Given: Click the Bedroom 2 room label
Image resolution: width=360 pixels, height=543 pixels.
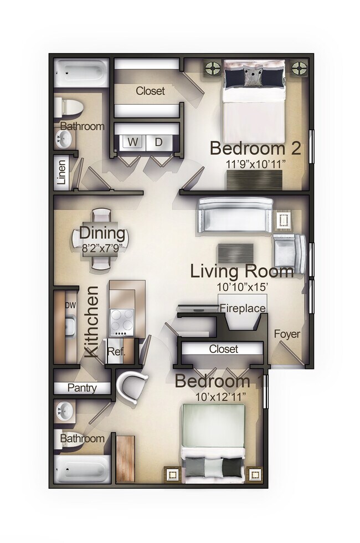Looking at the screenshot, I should pyautogui.click(x=255, y=148).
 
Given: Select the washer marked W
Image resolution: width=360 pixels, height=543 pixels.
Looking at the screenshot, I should pyautogui.click(x=133, y=142).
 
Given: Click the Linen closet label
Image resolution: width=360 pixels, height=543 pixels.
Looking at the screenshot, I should pyautogui.click(x=62, y=172).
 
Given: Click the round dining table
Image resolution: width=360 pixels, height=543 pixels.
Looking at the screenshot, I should pyautogui.click(x=101, y=239).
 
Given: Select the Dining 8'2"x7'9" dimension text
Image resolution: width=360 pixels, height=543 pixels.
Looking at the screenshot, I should pyautogui.click(x=102, y=248).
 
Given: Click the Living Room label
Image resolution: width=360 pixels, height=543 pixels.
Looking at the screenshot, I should pyautogui.click(x=242, y=271).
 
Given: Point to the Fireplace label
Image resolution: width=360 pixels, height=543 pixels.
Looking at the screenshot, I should pyautogui.click(x=243, y=308).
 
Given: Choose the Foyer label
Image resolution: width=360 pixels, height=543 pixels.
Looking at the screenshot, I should pyautogui.click(x=287, y=334).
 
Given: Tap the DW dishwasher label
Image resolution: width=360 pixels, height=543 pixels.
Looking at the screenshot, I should pyautogui.click(x=70, y=305).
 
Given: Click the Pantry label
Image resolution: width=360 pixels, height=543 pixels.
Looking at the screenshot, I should pyautogui.click(x=81, y=388).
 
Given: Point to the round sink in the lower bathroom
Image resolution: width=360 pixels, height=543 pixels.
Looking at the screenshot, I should pyautogui.click(x=66, y=412).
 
